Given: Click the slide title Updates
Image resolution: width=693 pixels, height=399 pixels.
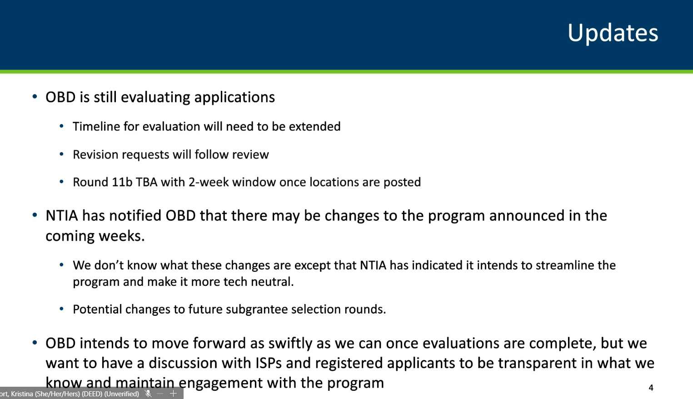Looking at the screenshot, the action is click(613, 33).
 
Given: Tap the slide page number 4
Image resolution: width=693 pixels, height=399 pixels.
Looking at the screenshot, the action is click(651, 388).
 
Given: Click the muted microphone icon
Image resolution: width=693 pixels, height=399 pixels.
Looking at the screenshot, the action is click(148, 394).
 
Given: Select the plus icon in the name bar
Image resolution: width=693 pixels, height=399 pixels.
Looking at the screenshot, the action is click(173, 394).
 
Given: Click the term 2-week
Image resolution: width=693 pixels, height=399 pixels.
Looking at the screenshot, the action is click(208, 182).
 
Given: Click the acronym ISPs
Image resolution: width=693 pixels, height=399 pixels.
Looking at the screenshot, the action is click(269, 363).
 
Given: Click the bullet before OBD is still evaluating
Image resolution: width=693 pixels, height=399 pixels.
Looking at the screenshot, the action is click(35, 97).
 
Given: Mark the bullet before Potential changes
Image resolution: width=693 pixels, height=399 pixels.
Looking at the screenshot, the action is click(61, 309).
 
